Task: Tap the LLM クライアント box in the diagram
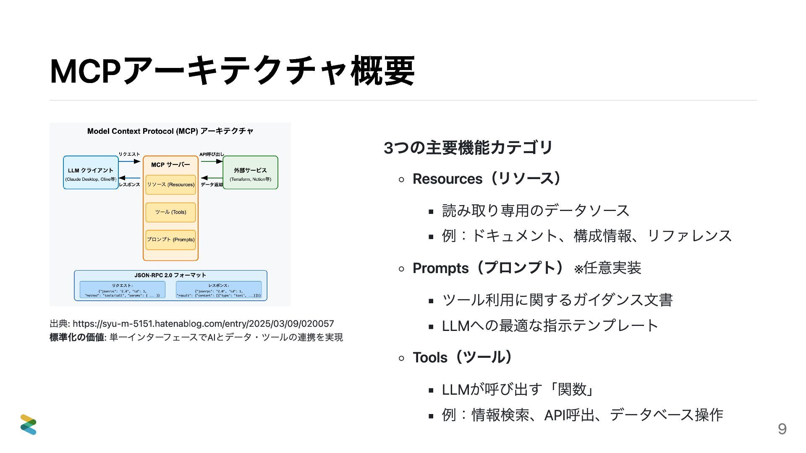coord(91,172)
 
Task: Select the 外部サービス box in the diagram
coord(250,172)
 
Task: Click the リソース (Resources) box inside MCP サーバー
coord(170,185)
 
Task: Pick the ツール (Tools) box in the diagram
coord(170,212)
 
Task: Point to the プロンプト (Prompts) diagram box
coord(170,240)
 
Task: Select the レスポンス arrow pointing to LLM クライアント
coord(130,178)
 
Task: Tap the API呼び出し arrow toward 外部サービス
coord(212,161)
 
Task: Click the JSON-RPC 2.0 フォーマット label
coord(170,275)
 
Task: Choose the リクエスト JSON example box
coord(122,290)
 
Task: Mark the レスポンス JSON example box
coord(219,290)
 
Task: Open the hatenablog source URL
coord(203,324)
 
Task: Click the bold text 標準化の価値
coord(77,337)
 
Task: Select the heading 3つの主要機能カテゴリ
coord(468,148)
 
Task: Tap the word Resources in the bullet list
coord(447,179)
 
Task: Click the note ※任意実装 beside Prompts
coord(607,268)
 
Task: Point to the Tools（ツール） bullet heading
coord(462,358)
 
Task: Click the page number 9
coord(782,429)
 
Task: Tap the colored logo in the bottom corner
coord(29,424)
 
